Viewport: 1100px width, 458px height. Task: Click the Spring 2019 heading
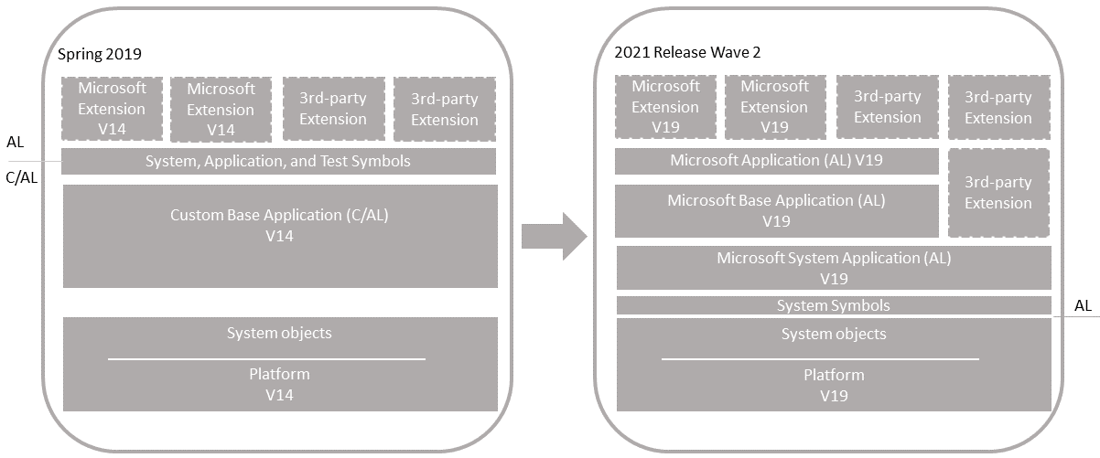(x=100, y=54)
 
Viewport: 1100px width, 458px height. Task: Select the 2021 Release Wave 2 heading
(x=687, y=52)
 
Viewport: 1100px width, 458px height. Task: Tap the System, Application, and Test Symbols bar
(x=278, y=162)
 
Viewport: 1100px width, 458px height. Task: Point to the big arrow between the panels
(x=554, y=236)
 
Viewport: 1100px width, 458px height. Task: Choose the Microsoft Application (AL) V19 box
(x=776, y=161)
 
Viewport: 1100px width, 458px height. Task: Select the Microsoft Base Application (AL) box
(x=776, y=210)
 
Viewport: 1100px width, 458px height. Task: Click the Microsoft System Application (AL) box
(x=834, y=268)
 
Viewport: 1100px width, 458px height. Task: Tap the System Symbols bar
(x=833, y=305)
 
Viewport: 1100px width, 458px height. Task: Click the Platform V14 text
(x=279, y=384)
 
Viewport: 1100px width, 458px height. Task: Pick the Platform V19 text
(x=834, y=385)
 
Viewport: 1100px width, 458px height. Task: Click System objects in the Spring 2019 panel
(x=279, y=333)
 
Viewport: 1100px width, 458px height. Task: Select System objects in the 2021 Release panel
(x=834, y=334)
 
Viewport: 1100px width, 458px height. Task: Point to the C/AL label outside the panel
(x=22, y=178)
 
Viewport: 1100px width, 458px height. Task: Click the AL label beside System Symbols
(x=1083, y=305)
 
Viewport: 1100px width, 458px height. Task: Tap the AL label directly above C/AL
(x=16, y=143)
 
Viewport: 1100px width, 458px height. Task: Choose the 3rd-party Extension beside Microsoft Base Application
(x=998, y=193)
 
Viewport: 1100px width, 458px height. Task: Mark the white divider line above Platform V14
(x=266, y=359)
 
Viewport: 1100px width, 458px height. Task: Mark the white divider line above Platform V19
(x=820, y=359)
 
